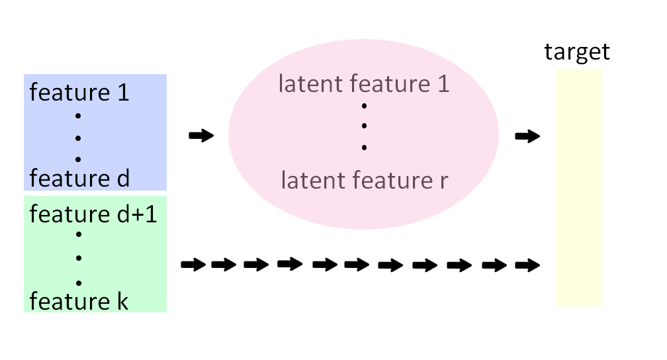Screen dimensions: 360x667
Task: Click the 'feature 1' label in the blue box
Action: [79, 92]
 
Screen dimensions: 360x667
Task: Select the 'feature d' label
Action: [79, 179]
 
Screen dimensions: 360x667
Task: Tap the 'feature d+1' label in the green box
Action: [93, 214]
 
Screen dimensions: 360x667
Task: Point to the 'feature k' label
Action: [79, 301]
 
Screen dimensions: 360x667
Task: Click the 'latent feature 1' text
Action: [364, 84]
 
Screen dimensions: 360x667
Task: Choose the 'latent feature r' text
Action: [364, 180]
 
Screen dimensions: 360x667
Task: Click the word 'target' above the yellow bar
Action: [577, 52]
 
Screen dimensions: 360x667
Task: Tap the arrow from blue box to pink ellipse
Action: [201, 136]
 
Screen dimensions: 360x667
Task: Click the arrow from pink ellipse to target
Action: [527, 136]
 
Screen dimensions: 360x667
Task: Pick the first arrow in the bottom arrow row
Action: [193, 265]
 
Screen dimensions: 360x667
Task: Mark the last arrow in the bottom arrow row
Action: [527, 265]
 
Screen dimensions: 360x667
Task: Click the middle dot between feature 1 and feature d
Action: [78, 137]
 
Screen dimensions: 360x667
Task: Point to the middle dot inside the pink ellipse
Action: [364, 126]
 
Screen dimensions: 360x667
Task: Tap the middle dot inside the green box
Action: [78, 257]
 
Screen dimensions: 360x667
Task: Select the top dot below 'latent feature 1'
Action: [364, 105]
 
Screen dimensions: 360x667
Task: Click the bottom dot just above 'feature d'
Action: [78, 158]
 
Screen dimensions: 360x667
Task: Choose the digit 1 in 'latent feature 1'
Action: [442, 84]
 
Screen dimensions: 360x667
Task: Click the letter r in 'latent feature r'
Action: [443, 181]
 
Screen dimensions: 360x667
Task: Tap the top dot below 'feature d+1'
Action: [78, 234]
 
